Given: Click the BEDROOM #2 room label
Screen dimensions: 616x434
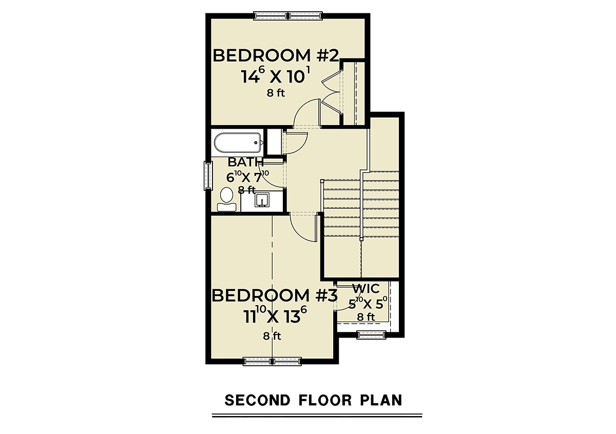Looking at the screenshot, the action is pos(276,56).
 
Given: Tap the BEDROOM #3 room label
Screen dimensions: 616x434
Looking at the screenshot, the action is pos(275,296).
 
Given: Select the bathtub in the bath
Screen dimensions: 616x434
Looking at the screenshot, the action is pos(237,143).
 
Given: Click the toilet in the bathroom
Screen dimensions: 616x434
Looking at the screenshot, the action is pos(226,200).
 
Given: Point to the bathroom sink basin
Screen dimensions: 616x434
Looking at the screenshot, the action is pos(261,200).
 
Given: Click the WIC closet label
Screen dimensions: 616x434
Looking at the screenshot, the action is pos(365,289).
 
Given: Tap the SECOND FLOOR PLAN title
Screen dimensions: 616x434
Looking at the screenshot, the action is pos(314,400).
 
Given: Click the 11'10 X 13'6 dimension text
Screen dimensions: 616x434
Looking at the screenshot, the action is pos(275,316).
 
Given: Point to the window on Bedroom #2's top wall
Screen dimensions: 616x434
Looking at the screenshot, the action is pos(287,16).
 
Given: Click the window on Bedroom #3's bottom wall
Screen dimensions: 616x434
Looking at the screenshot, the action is pos(272,362).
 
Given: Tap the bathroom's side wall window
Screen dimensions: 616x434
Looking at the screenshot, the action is pos(208,175).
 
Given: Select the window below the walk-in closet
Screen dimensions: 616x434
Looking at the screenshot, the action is pos(372,335).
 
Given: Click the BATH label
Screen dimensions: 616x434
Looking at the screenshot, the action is pos(245,162).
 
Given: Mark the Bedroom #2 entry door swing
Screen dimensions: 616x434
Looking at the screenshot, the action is pos(307,113).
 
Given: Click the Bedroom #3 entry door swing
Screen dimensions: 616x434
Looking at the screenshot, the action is pos(304,228).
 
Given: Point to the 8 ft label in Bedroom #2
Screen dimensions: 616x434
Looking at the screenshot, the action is pos(276,93).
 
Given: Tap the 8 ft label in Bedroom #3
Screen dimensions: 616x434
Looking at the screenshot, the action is pos(272,336).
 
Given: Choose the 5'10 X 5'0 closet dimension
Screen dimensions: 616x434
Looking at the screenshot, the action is pos(368,304).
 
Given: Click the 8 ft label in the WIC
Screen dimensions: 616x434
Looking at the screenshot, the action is pos(366,317).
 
